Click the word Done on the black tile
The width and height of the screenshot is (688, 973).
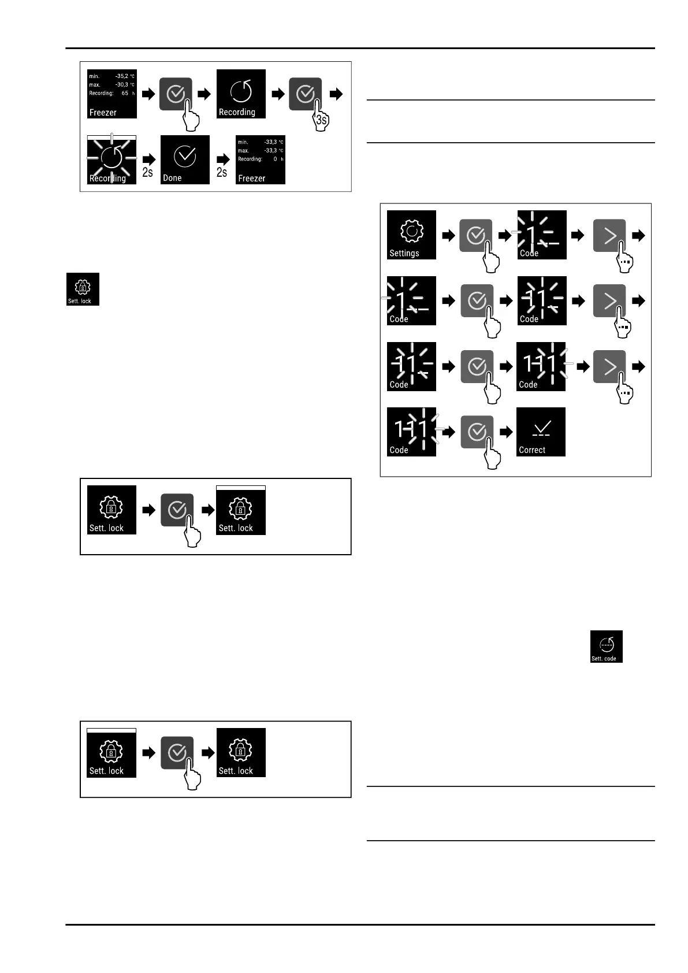pos(172,178)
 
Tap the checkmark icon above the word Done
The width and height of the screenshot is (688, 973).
pos(185,155)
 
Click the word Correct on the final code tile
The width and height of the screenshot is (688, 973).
pos(532,450)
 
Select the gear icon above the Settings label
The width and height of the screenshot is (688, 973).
pos(411,231)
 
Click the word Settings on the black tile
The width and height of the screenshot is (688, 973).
pos(404,253)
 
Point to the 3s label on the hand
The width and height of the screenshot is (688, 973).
pos(322,120)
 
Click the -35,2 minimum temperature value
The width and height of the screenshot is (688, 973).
pos(122,76)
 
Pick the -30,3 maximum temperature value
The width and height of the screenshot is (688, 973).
pos(122,84)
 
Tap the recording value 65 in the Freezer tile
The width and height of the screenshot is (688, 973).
pos(125,93)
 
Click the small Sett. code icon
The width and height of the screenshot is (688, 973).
pos(607,647)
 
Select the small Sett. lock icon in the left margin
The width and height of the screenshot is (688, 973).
pos(83,289)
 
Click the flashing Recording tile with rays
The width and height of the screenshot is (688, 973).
pos(111,160)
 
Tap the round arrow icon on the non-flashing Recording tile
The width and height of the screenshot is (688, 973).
pos(241,91)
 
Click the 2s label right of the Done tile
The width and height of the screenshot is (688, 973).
pos(222,172)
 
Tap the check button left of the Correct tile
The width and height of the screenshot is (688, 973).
pos(477,432)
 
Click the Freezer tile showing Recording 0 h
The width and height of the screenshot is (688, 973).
pos(261,160)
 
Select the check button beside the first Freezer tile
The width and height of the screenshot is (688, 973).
pos(176,94)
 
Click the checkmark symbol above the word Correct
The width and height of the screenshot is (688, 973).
pos(541,428)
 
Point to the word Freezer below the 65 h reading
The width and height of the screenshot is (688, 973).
pos(103,113)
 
